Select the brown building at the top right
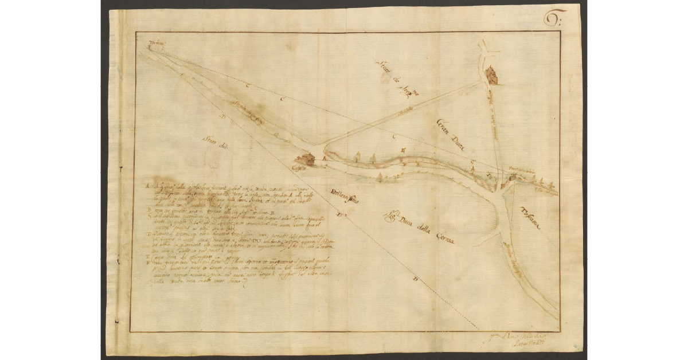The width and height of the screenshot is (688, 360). tap(491, 75)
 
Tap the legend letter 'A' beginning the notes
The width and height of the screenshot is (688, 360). tap(147, 186)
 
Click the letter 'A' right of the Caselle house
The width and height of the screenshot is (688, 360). tap(324, 158)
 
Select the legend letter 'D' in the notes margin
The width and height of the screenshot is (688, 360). tap(147, 233)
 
